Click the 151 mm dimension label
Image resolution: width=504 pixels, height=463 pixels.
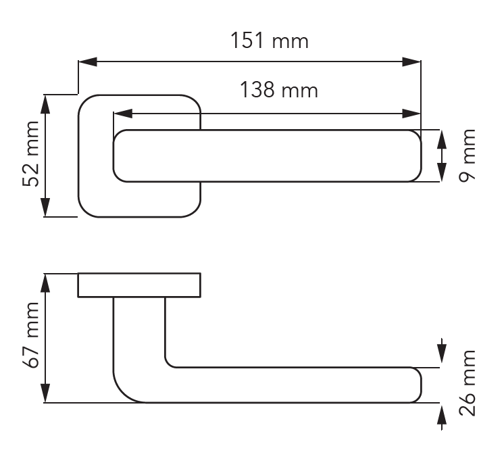(270, 41)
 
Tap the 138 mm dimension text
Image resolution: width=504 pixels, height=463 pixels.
(279, 90)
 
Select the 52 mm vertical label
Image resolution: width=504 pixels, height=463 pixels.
(31, 153)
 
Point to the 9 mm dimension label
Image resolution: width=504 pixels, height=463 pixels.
(467, 155)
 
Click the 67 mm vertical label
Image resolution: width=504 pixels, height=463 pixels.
(31, 335)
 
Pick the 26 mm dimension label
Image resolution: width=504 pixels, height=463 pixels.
(467, 383)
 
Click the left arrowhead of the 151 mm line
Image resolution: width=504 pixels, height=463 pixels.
(88, 62)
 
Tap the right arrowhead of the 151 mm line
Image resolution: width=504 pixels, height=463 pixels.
(411, 62)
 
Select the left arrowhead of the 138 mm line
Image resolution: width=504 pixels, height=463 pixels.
(123, 114)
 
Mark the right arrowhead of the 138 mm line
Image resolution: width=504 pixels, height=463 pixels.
(411, 114)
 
